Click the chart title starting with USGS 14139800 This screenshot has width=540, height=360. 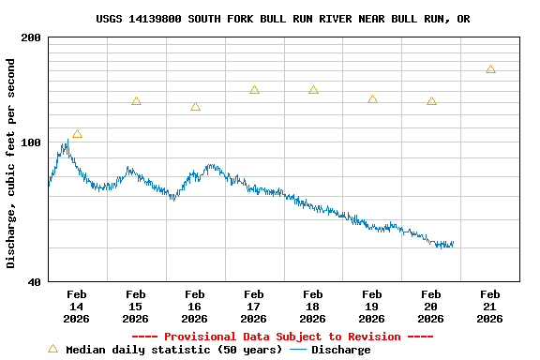click(282, 19)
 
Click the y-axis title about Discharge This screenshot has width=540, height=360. click(11, 163)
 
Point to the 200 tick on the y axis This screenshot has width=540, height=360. click(31, 37)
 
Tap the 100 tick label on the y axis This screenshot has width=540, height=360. click(31, 142)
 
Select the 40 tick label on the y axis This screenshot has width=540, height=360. click(34, 281)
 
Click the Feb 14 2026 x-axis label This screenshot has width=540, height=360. click(76, 307)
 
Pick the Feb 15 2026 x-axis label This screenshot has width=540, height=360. click(135, 307)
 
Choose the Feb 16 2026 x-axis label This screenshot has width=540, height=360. click(194, 307)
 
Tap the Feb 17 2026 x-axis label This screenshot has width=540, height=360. click(253, 307)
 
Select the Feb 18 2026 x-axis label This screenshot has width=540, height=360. click(312, 307)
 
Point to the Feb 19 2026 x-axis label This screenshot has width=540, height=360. click(371, 307)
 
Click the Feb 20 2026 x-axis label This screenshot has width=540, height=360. click(430, 307)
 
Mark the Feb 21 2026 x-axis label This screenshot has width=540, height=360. click(489, 307)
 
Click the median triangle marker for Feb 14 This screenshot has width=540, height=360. click(77, 134)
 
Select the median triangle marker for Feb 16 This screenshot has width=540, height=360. click(195, 107)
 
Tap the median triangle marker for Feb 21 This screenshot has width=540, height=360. click(490, 69)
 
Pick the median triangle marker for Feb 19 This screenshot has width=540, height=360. click(372, 99)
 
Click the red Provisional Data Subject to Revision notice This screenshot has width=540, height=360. click(282, 337)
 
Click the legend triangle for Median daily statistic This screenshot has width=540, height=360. click(52, 349)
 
